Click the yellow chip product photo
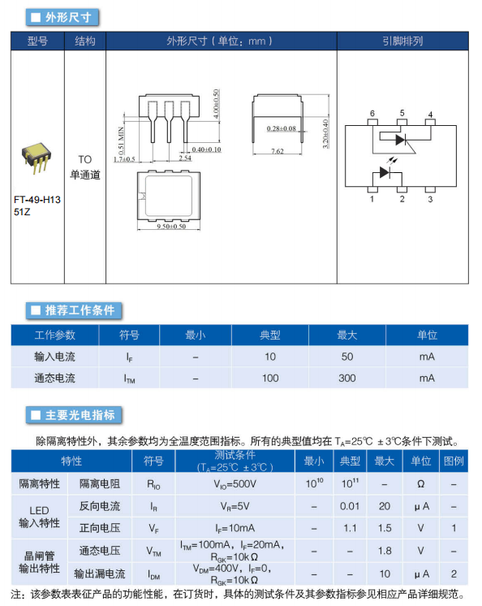tap(37, 158)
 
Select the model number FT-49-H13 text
tap(37, 200)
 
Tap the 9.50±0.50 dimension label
tap(171, 226)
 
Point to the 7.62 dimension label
tap(277, 151)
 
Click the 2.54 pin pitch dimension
tap(185, 158)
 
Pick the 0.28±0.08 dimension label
tap(282, 128)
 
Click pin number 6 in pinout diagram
tap(372, 113)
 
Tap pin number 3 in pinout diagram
tap(430, 199)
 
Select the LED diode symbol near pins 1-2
tap(385, 172)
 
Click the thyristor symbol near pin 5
tap(402, 140)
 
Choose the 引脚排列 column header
tap(402, 41)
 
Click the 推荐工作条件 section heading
tap(80, 310)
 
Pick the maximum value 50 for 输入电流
tap(347, 357)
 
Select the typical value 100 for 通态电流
tap(270, 378)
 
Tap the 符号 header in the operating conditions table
tap(129, 335)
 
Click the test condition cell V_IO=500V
tap(235, 484)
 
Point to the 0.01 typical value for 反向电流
tap(350, 506)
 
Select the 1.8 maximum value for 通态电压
tap(385, 551)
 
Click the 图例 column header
tap(454, 461)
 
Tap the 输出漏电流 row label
tap(100, 574)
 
